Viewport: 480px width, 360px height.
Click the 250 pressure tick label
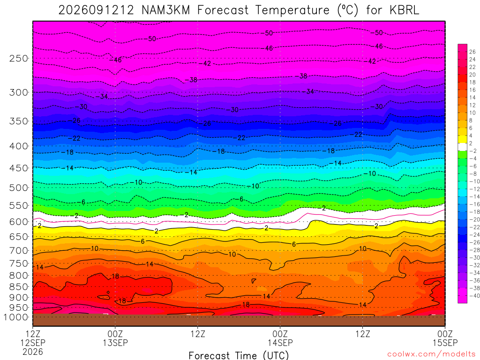point(19,58)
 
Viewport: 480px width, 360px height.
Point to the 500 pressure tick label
point(19,187)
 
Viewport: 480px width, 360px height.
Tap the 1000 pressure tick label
point(16,317)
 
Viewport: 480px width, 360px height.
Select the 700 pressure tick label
point(19,251)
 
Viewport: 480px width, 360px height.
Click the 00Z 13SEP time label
point(115,338)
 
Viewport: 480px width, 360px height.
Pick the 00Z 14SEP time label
point(280,338)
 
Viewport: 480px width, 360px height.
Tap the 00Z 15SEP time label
point(445,338)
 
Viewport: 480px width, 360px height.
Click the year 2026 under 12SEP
point(33,352)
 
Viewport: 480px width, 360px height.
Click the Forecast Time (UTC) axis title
point(239,355)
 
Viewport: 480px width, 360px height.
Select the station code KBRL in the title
point(404,10)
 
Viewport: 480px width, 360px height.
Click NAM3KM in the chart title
point(165,10)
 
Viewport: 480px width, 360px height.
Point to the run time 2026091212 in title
point(96,10)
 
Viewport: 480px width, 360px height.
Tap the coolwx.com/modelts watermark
point(431,354)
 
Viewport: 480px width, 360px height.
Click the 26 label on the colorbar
point(472,52)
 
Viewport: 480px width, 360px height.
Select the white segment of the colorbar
point(463,147)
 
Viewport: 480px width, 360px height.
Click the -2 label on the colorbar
point(473,150)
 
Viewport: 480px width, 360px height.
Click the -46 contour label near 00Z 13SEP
point(116,60)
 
